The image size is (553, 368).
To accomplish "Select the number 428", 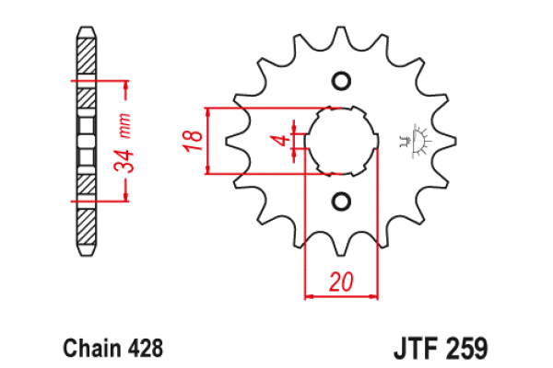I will tap(146, 349).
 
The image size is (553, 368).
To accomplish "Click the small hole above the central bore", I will tap(340, 81).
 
